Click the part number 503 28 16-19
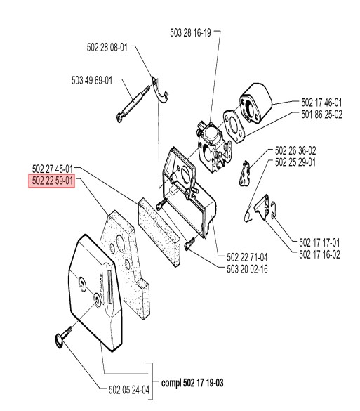[190, 33]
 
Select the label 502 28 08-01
[107, 48]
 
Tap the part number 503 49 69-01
[92, 80]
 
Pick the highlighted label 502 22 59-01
[51, 181]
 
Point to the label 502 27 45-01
[53, 169]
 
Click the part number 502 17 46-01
[321, 103]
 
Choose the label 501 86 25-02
[321, 115]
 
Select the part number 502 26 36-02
[295, 151]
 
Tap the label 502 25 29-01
[295, 162]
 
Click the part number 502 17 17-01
[319, 242]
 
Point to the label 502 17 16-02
[319, 254]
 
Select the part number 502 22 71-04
[247, 257]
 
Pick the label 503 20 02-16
[247, 270]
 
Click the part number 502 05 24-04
[129, 390]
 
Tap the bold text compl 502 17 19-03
[192, 383]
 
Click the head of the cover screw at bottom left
[59, 340]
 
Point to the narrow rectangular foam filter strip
[159, 233]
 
